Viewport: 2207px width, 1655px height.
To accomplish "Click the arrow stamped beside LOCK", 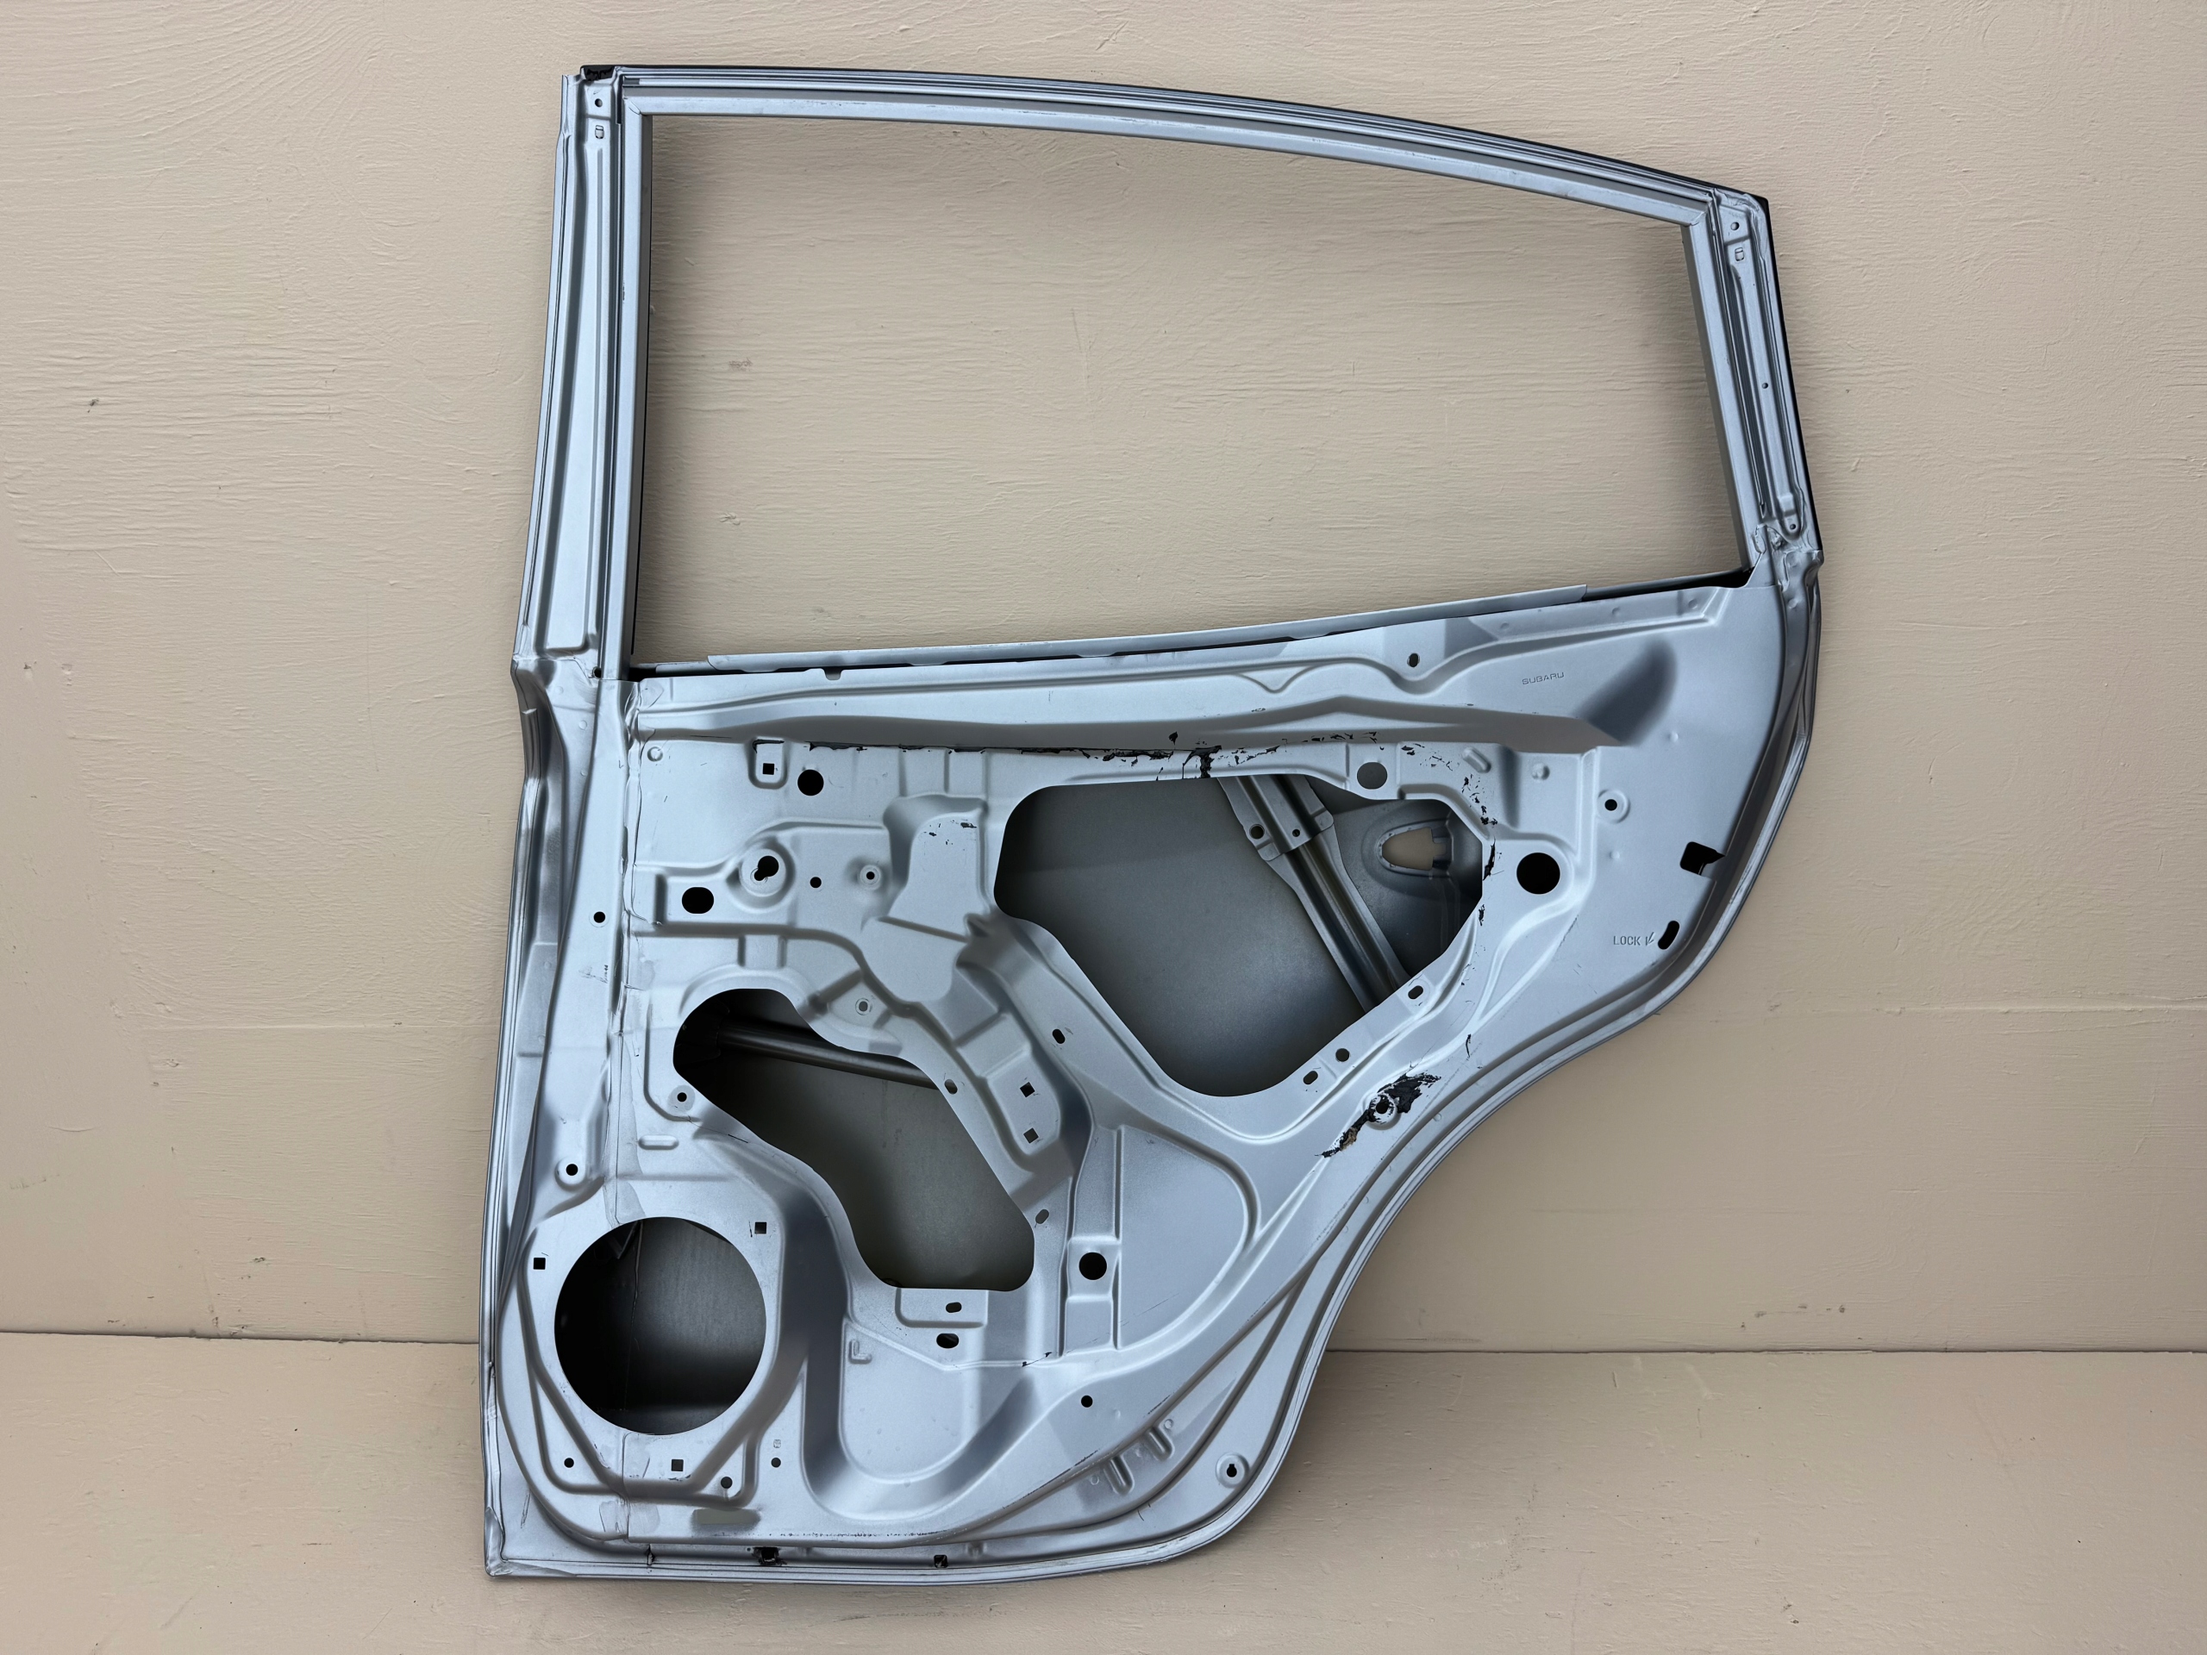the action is (1650, 938).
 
